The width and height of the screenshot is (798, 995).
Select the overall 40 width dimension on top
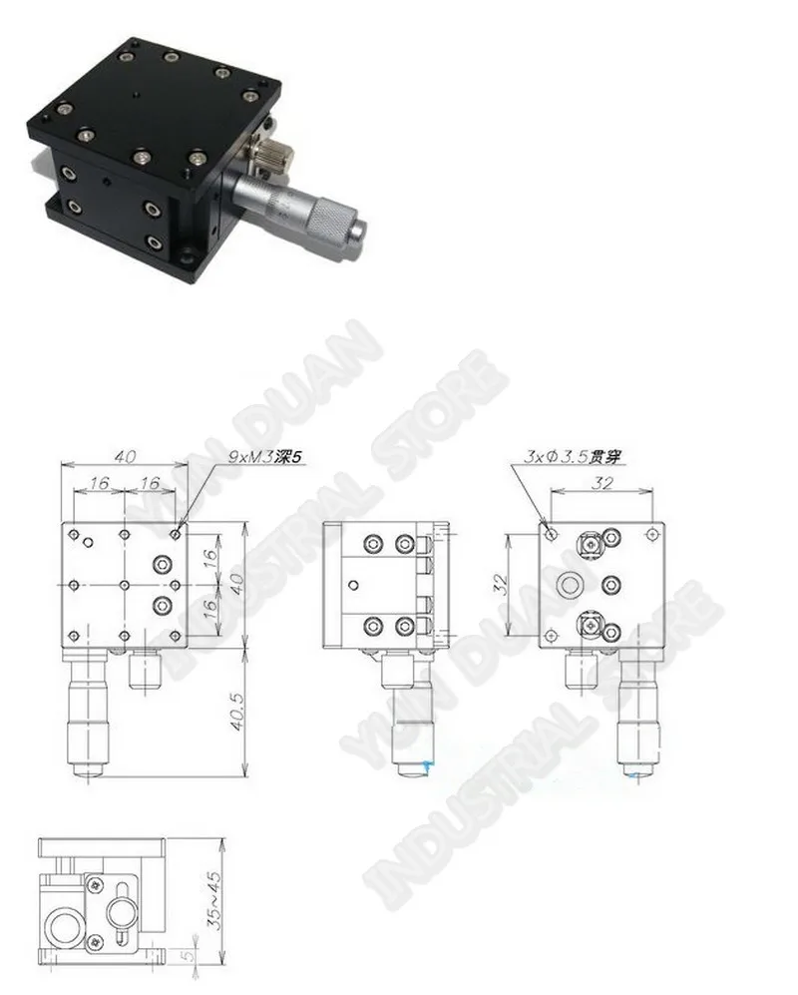(x=124, y=457)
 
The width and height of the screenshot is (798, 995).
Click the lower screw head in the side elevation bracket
(x=95, y=939)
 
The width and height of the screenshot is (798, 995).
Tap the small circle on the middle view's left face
(x=352, y=585)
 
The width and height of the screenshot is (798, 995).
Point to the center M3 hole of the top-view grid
(x=124, y=585)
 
